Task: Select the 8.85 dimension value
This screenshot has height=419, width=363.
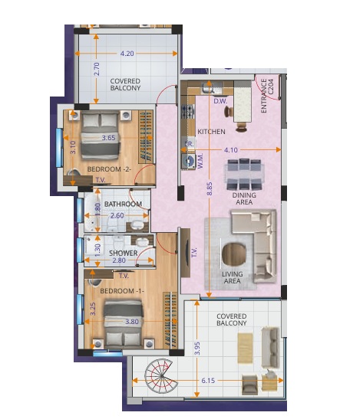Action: point(209,190)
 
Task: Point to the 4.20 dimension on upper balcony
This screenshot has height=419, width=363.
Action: point(127,53)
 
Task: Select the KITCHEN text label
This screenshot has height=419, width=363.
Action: point(211,132)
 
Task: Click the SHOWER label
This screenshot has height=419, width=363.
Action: point(123,252)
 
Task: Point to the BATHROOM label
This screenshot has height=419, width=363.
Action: point(124,205)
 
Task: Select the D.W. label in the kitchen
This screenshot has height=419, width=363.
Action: point(219,100)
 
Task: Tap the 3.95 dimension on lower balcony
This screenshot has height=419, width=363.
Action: point(197,349)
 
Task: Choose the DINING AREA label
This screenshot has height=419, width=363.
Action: point(244,199)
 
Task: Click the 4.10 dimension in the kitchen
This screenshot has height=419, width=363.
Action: point(229,150)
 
